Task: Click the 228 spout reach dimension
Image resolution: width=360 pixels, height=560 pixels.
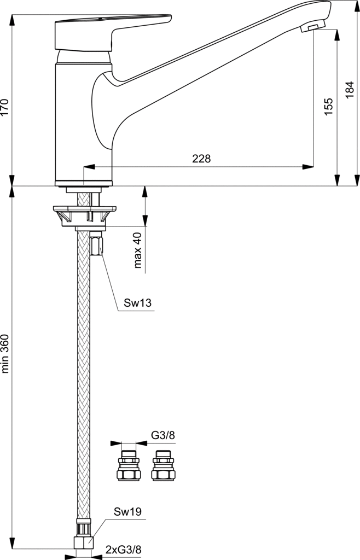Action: (x=201, y=158)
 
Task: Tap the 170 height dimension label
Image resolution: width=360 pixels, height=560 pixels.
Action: (x=4, y=107)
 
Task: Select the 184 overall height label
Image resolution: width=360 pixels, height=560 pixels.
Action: (x=350, y=89)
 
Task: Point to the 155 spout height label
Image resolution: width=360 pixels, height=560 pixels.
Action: (x=328, y=107)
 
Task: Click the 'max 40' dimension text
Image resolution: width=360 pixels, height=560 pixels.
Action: (x=137, y=250)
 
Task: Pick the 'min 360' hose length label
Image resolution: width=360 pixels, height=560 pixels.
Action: (x=4, y=354)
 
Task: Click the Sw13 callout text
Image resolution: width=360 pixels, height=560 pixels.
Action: (x=137, y=303)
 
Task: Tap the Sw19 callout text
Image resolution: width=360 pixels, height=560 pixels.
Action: (x=127, y=511)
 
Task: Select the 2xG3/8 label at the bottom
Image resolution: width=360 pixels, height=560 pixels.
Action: (x=123, y=550)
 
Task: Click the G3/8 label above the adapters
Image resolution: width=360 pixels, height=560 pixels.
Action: (x=163, y=435)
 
